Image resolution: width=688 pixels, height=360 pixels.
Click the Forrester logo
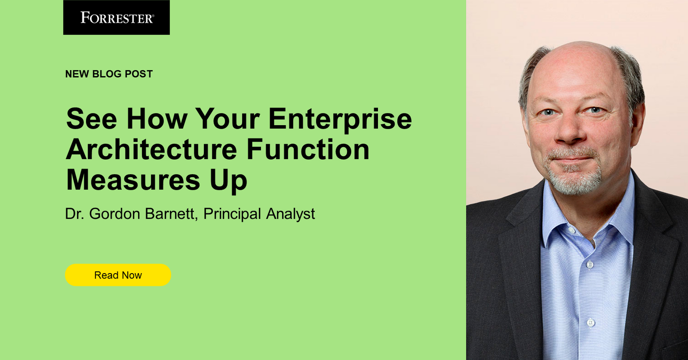117,18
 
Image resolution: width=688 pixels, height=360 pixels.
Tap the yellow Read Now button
118,275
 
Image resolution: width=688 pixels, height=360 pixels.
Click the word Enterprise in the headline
340,119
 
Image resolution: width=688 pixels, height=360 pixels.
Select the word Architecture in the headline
151,150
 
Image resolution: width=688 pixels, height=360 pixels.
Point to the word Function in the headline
308,150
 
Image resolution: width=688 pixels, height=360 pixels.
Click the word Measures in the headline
133,180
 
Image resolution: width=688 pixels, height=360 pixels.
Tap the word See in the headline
92,119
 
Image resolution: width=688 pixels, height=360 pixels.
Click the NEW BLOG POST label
109,74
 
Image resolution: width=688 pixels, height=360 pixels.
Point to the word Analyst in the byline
290,214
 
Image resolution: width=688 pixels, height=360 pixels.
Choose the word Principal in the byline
232,214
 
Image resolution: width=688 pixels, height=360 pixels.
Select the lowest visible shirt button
590,322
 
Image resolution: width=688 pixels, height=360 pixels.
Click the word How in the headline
157,119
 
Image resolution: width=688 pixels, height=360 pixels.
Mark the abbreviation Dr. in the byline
75,214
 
